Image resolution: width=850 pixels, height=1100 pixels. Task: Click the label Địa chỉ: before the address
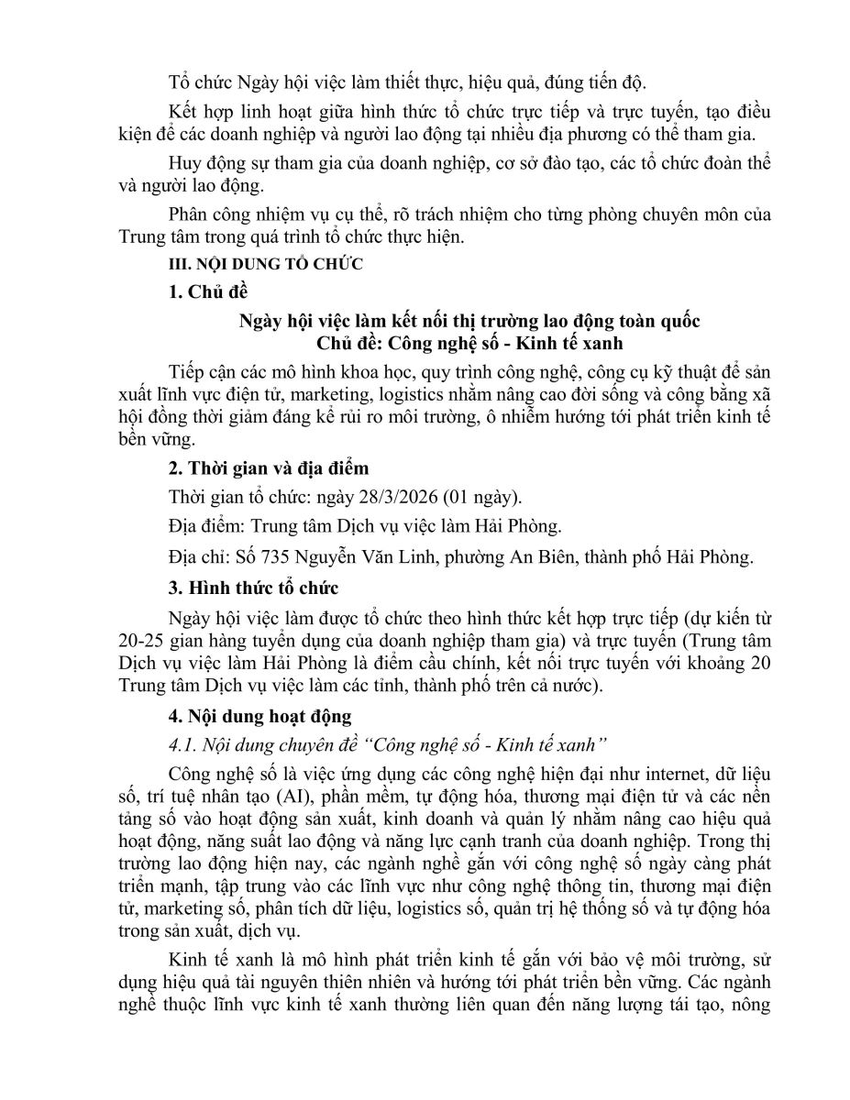[199, 555]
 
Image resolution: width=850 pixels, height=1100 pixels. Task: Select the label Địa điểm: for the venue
[206, 526]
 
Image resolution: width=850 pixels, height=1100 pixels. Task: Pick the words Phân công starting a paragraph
[210, 215]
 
